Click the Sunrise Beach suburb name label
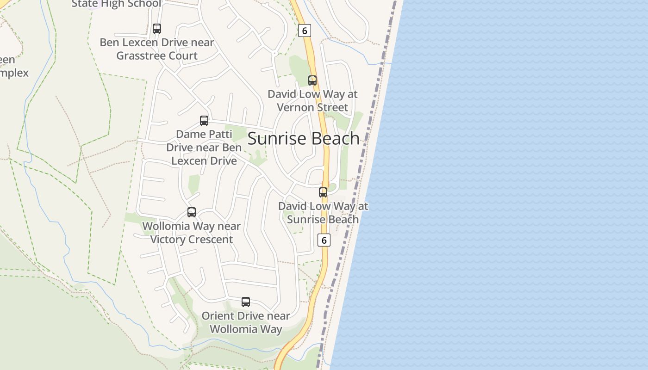pos(304,138)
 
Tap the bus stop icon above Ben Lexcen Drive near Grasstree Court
pos(157,29)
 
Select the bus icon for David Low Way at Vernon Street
pos(312,80)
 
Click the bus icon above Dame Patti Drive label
pos(204,121)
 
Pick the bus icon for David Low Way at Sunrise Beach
pos(323,192)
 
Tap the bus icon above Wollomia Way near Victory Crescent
pos(192,212)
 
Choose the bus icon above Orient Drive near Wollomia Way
pos(246,302)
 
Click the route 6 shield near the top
pos(304,31)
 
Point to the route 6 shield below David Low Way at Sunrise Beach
pos(324,240)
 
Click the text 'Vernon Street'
pos(312,107)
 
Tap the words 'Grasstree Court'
pos(157,55)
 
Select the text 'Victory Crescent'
pos(192,239)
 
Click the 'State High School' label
pos(116,4)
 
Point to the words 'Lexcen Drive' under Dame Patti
pos(204,160)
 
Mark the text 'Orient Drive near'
pos(246,316)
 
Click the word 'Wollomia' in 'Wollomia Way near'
pos(166,226)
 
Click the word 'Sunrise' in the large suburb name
pos(275,138)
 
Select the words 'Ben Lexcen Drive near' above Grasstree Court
pos(157,43)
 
